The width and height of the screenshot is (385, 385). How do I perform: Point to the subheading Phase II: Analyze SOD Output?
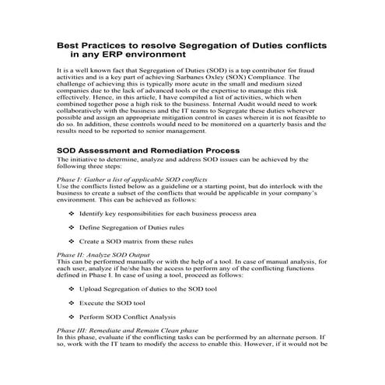click(x=110, y=254)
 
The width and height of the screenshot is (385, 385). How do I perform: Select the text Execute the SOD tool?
click(x=112, y=302)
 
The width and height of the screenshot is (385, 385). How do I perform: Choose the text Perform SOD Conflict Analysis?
click(x=128, y=317)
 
